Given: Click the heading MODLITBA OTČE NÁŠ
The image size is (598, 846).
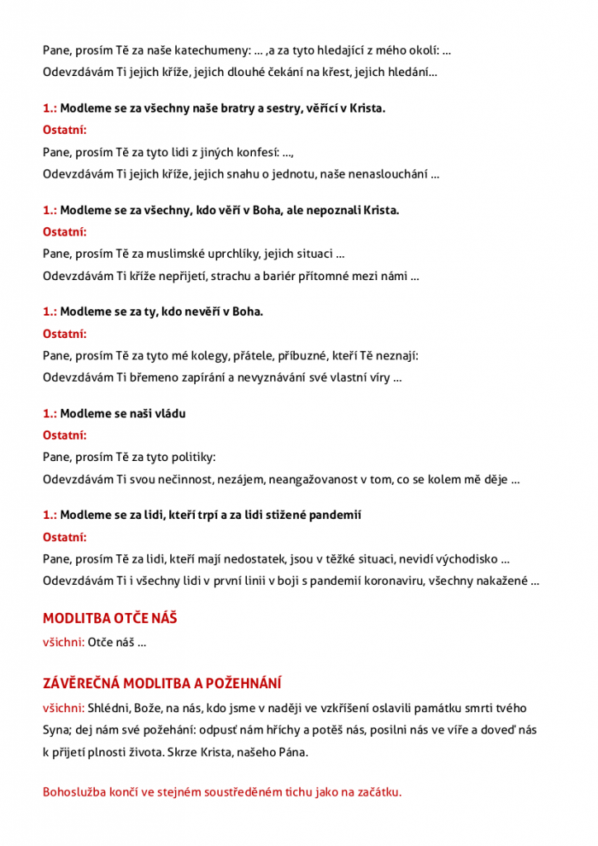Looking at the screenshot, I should click(x=110, y=618).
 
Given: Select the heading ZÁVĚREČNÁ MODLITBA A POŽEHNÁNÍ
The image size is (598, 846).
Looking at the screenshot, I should click(x=162, y=683).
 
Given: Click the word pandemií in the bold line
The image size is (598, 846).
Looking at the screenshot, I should click(x=337, y=515).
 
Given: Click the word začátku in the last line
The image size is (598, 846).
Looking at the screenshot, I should click(x=376, y=792).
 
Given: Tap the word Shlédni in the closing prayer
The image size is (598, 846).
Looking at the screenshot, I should click(x=110, y=708).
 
